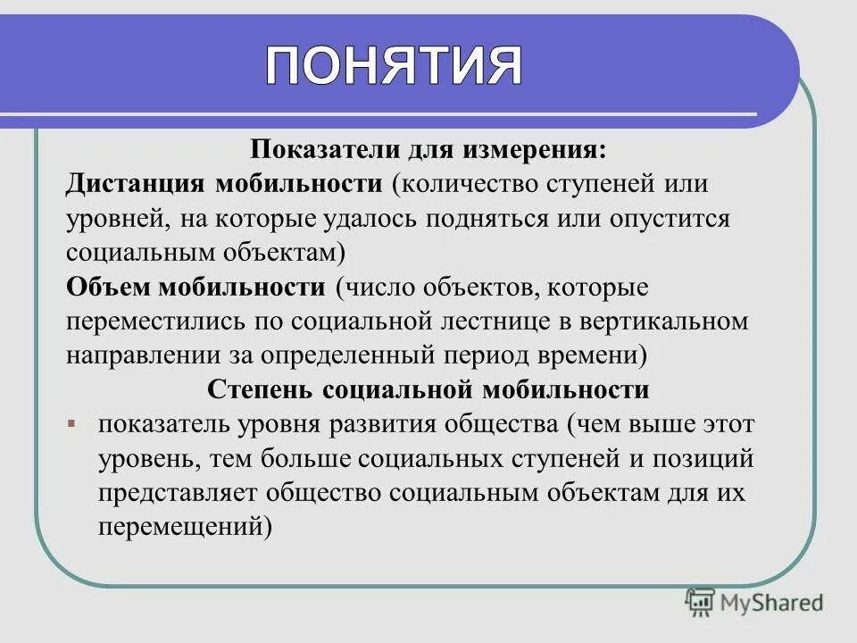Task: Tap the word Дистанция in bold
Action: coord(134,186)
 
